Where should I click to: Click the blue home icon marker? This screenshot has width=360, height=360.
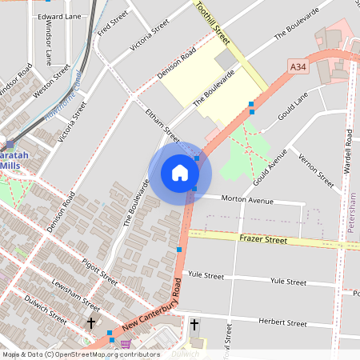(x=180, y=173)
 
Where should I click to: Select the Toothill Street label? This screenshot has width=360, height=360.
(x=213, y=23)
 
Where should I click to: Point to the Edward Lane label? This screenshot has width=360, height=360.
(x=59, y=16)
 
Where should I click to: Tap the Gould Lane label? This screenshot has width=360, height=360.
(x=292, y=107)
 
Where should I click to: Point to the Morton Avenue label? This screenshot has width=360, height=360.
(x=247, y=199)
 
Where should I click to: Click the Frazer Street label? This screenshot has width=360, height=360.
(x=262, y=239)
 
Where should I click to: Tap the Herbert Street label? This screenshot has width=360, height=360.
(x=282, y=323)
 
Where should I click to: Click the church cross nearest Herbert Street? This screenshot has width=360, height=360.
(x=194, y=324)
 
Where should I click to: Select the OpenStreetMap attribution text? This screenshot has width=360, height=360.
(x=81, y=354)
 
